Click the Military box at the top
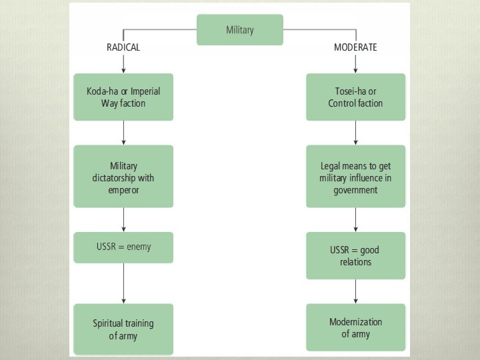239,30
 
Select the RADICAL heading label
123,47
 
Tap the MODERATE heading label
355,47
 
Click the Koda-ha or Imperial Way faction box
123,97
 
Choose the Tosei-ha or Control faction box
355,97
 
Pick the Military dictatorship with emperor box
123,177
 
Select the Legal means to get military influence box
355,177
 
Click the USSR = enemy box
123,247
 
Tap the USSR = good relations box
355,255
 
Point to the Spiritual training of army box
123,329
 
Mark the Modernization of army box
355,328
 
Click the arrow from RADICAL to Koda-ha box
123,63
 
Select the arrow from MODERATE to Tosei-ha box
355,63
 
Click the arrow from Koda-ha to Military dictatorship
123,133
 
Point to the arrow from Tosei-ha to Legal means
355,133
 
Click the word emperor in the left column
123,190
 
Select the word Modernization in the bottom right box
355,322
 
